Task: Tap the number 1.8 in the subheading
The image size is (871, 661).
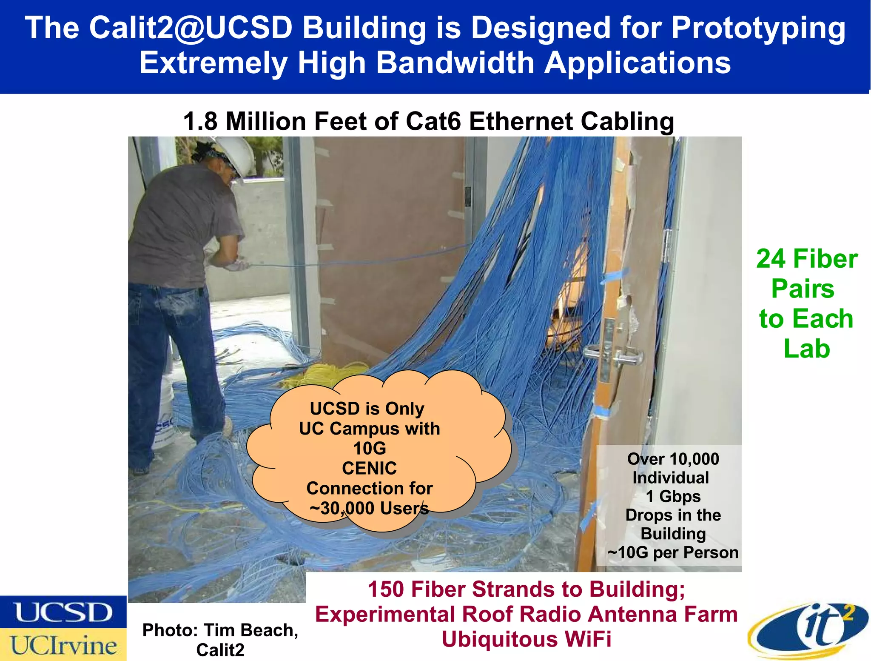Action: [200, 122]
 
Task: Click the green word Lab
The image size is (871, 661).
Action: [806, 349]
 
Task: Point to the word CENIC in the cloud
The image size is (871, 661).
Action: [369, 468]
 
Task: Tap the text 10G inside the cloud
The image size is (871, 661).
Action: [369, 448]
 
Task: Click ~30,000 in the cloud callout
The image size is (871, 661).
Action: [342, 508]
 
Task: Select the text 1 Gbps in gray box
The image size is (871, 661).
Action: [673, 496]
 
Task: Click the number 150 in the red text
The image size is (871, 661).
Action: [385, 589]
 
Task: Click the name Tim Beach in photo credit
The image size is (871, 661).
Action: [251, 630]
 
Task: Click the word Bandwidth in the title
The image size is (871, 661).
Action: [455, 63]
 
